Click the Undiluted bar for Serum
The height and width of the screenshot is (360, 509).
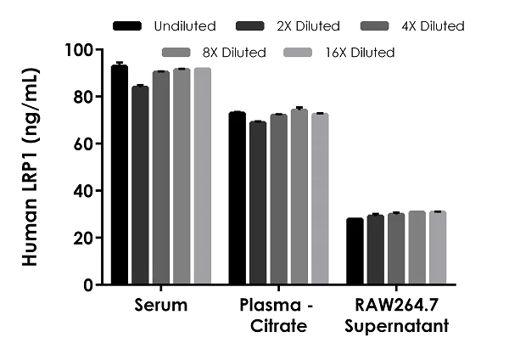click(120, 175)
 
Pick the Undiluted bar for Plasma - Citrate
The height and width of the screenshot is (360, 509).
click(238, 199)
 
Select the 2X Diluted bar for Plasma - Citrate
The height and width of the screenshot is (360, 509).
click(258, 203)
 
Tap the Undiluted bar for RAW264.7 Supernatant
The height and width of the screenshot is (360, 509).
click(355, 251)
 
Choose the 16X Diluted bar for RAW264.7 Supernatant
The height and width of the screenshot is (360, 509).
click(437, 248)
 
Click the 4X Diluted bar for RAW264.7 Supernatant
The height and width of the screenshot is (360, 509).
click(396, 249)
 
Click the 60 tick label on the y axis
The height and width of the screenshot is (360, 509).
click(80, 144)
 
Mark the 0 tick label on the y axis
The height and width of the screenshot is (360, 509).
click(87, 285)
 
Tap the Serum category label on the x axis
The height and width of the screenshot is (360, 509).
click(161, 304)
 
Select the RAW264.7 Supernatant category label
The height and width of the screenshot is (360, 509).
click(396, 314)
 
